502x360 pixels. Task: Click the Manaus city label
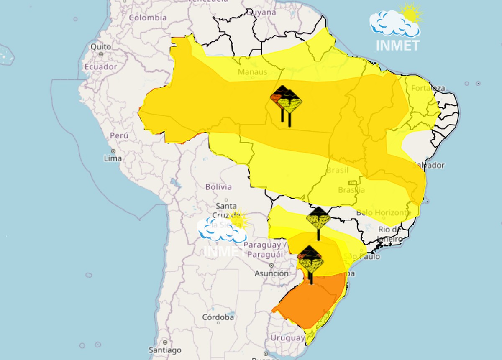pyautogui.click(x=252, y=72)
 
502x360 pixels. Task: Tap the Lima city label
pyautogui.click(x=113, y=158)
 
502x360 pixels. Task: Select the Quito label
pyautogui.click(x=101, y=46)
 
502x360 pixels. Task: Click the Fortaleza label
pyautogui.click(x=428, y=88)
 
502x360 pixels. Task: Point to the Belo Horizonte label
pyautogui.click(x=384, y=213)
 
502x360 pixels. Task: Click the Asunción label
pyautogui.click(x=271, y=273)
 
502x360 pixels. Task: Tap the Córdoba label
pyautogui.click(x=218, y=317)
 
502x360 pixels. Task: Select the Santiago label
pyautogui.click(x=165, y=350)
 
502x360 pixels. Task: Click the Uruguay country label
pyautogui.click(x=287, y=337)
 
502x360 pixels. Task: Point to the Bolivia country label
pyautogui.click(x=218, y=187)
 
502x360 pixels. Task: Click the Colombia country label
pyautogui.click(x=148, y=18)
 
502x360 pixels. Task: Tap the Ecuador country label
pyautogui.click(x=100, y=67)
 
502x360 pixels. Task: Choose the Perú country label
pyautogui.click(x=119, y=135)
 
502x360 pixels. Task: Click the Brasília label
pyautogui.click(x=351, y=190)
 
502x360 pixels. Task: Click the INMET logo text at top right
pyautogui.click(x=397, y=45)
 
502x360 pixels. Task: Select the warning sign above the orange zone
pyautogui.click(x=310, y=259)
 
